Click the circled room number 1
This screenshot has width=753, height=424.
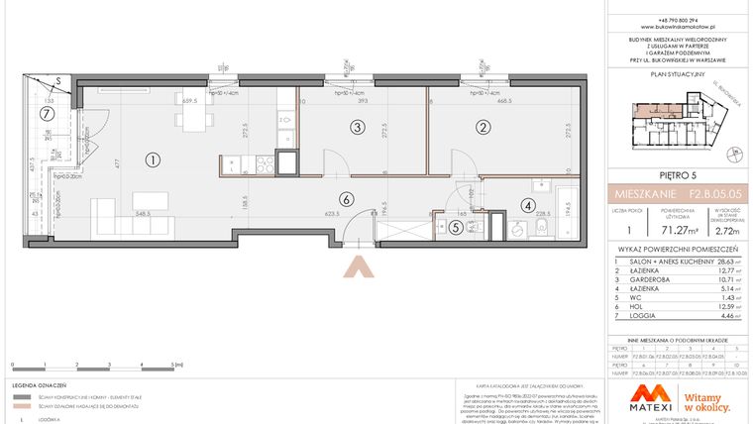click(152, 159)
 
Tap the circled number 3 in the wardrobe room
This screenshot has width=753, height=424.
click(356, 127)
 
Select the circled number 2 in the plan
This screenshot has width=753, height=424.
click(484, 127)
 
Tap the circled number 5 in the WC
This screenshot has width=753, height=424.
click(455, 227)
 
